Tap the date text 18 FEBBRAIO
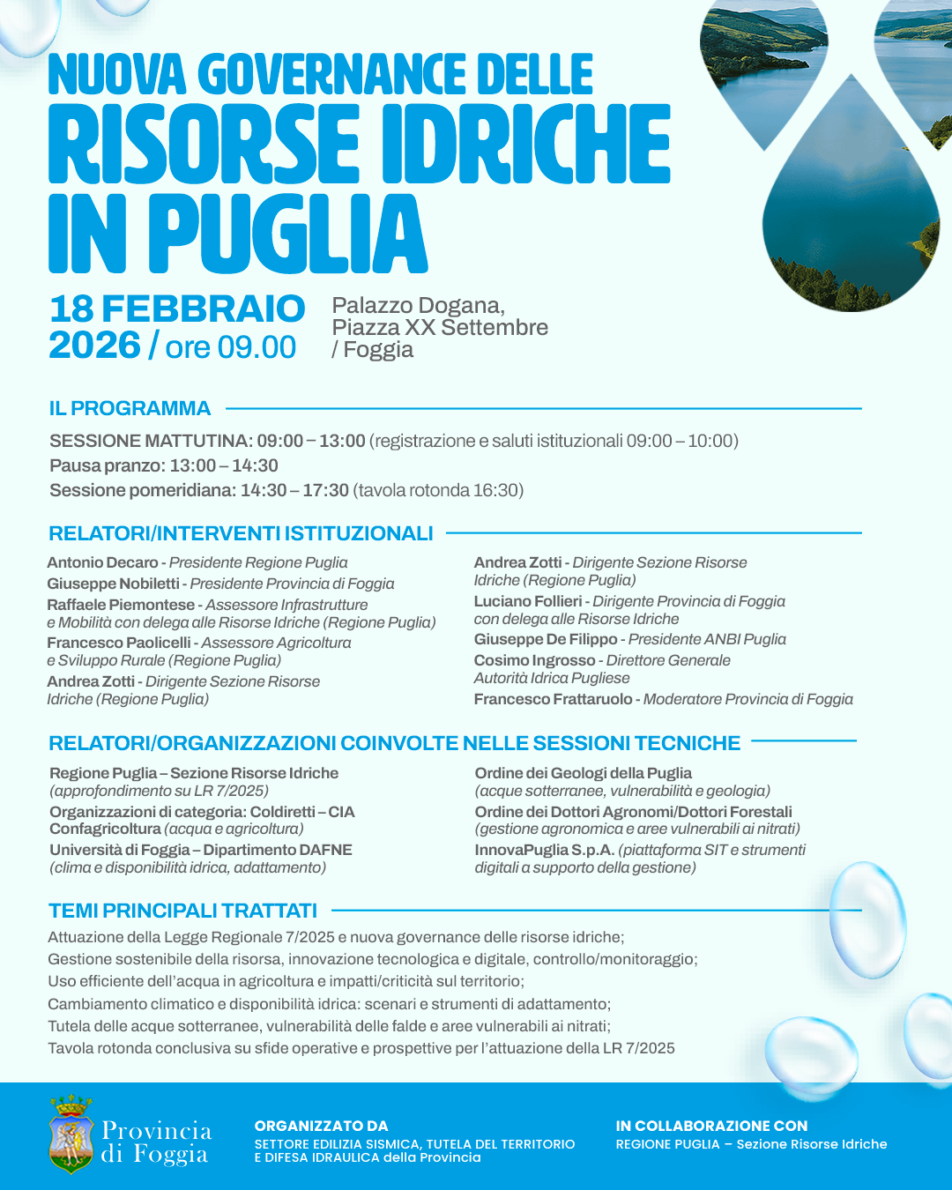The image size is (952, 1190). click(177, 309)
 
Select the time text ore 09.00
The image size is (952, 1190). click(231, 347)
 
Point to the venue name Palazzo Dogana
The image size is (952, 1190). click(418, 306)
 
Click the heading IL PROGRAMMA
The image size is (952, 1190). click(130, 409)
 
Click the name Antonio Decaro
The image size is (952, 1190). click(102, 562)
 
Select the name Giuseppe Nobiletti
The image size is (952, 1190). click(113, 584)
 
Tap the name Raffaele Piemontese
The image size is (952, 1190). click(121, 605)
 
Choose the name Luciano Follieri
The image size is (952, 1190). click(528, 601)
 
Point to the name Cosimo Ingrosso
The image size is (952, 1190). click(534, 660)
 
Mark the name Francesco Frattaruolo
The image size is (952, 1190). click(553, 699)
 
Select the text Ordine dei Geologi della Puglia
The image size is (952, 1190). click(584, 773)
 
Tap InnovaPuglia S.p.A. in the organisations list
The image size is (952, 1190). click(544, 850)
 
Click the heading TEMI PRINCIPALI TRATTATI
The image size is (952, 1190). click(182, 911)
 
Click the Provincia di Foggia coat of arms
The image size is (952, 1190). click(71, 1135)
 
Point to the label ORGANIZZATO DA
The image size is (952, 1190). click(321, 1126)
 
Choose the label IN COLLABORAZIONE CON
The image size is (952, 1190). click(711, 1126)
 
